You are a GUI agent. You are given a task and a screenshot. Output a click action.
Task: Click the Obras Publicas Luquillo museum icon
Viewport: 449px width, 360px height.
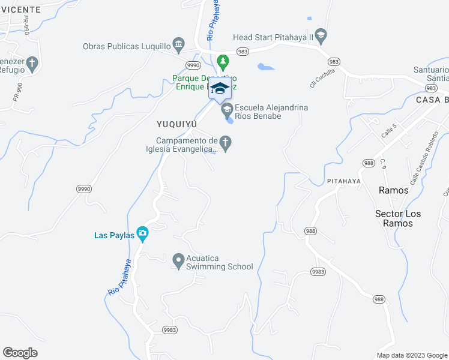click(178, 44)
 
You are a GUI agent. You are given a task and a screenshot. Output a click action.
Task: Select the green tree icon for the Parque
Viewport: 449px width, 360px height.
click(223, 61)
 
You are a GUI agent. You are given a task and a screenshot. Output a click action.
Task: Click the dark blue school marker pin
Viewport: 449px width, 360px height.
click(220, 89)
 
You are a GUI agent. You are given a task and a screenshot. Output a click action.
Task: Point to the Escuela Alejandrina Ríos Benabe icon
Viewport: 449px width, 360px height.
click(227, 109)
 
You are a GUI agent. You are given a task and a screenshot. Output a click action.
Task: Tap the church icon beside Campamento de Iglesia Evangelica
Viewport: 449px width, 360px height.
click(225, 143)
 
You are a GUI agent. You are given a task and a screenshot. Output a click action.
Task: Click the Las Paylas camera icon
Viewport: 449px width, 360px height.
click(142, 233)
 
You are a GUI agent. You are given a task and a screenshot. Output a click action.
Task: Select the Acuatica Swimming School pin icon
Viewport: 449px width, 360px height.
click(178, 260)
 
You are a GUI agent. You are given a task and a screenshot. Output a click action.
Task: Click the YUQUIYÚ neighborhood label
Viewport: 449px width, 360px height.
click(176, 125)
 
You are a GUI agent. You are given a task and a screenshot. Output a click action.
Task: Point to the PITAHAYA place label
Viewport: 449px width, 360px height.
click(344, 181)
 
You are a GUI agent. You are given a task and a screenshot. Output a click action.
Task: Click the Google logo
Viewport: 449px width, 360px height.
click(20, 352)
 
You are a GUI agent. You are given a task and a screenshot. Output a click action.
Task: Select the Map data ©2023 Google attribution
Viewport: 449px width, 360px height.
click(411, 355)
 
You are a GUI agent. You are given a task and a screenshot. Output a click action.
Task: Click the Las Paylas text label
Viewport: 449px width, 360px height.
click(114, 235)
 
